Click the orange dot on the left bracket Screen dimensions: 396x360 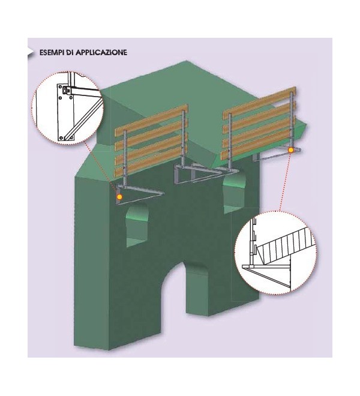(x=120, y=196)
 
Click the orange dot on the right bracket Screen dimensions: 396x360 (x=290, y=149)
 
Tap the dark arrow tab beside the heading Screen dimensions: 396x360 (x=31, y=52)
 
